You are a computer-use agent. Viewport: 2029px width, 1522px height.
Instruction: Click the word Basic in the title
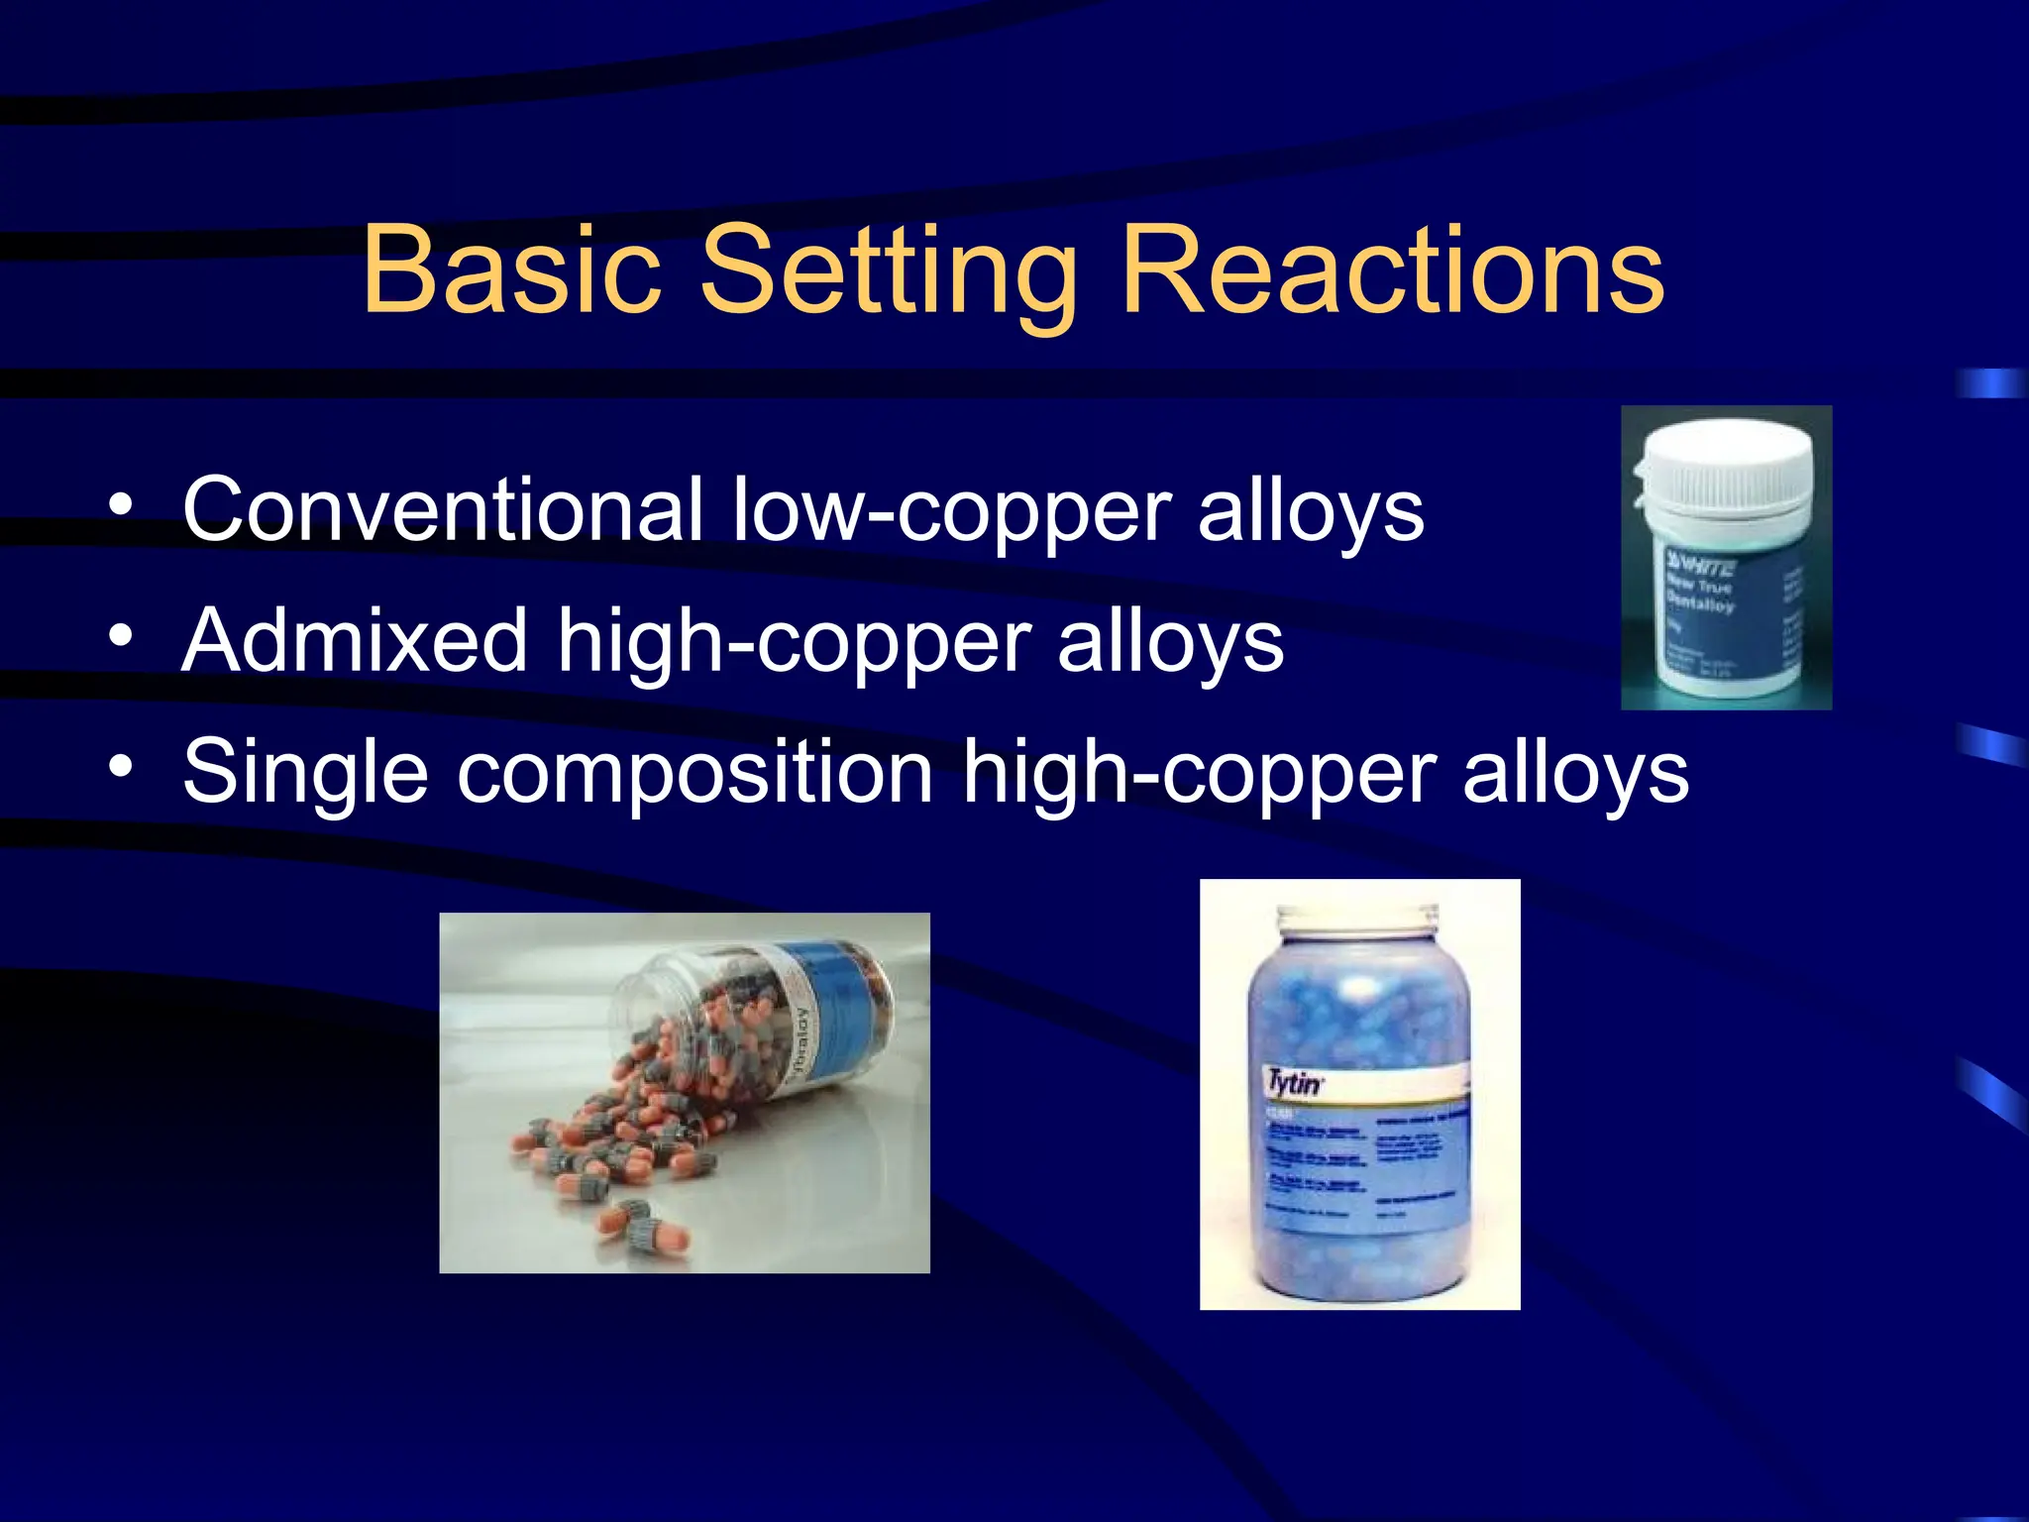coord(510,270)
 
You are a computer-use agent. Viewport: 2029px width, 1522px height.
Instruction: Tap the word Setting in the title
coord(888,272)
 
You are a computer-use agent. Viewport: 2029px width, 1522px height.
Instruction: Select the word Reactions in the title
coord(1392,270)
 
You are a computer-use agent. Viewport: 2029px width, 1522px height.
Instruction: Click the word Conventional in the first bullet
coord(442,509)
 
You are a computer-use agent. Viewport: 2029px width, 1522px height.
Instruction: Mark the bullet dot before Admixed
coord(121,637)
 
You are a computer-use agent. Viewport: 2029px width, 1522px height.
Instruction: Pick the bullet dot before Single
coord(121,766)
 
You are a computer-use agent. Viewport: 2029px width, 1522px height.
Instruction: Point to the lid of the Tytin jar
coord(1358,921)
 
